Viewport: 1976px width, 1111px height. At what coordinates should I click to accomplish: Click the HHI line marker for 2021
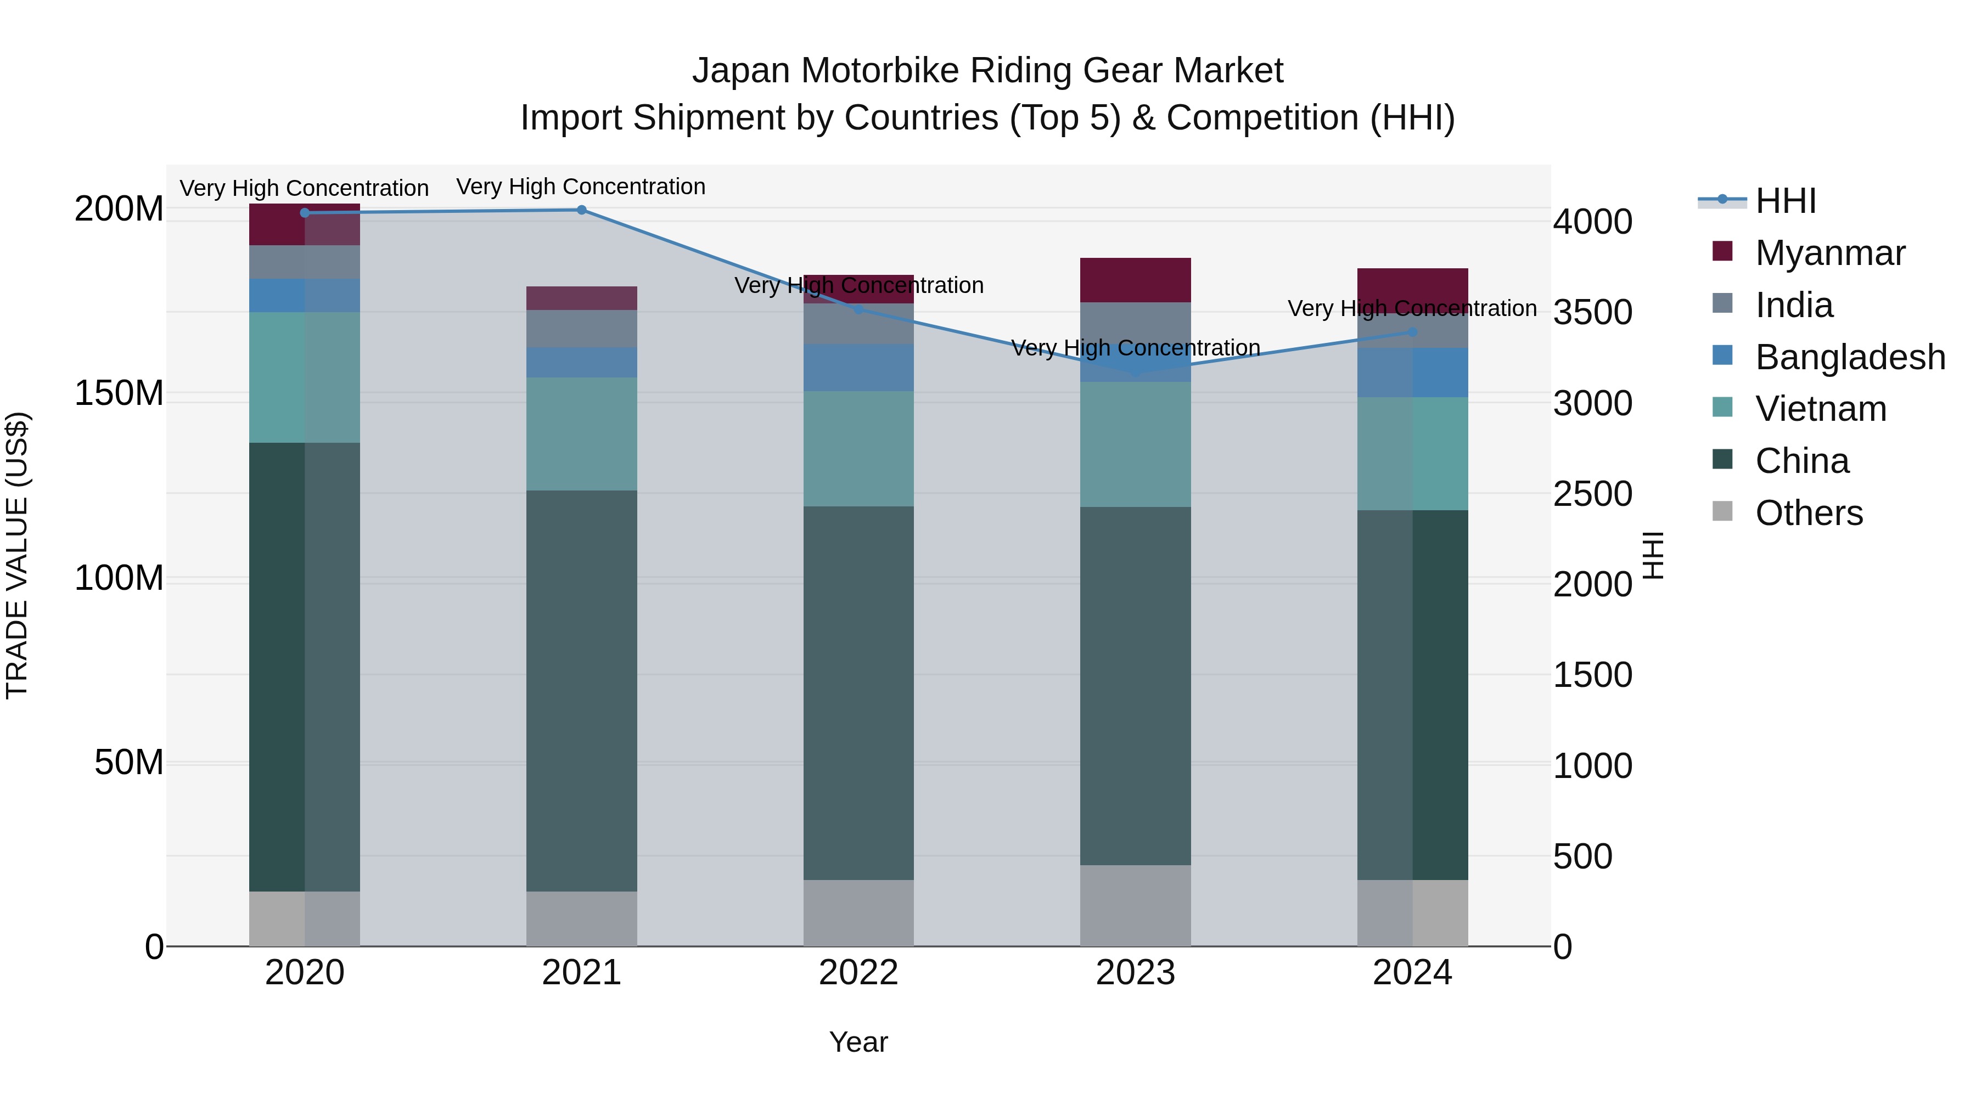[581, 210]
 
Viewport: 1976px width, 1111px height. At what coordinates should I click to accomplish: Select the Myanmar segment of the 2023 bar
[1135, 280]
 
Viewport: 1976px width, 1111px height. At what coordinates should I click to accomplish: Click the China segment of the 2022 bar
[858, 692]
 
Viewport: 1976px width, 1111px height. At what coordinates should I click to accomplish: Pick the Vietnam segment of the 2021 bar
[581, 434]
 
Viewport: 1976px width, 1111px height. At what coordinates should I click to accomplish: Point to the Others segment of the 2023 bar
[1135, 905]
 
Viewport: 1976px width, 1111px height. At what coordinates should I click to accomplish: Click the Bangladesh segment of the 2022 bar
[858, 368]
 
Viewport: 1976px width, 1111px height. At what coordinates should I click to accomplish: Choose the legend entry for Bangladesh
[1849, 357]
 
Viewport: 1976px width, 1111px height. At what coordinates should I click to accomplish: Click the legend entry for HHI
[1785, 201]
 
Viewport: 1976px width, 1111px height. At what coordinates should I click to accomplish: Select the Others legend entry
[1808, 513]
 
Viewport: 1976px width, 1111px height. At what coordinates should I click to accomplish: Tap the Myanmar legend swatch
[1722, 251]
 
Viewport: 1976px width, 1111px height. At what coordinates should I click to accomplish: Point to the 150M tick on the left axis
[119, 393]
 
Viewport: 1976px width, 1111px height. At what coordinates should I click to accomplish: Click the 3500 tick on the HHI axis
[1592, 313]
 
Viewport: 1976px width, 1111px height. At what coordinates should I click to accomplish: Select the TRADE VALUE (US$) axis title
[17, 555]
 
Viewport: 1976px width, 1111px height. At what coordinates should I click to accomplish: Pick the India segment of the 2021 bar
[581, 329]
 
